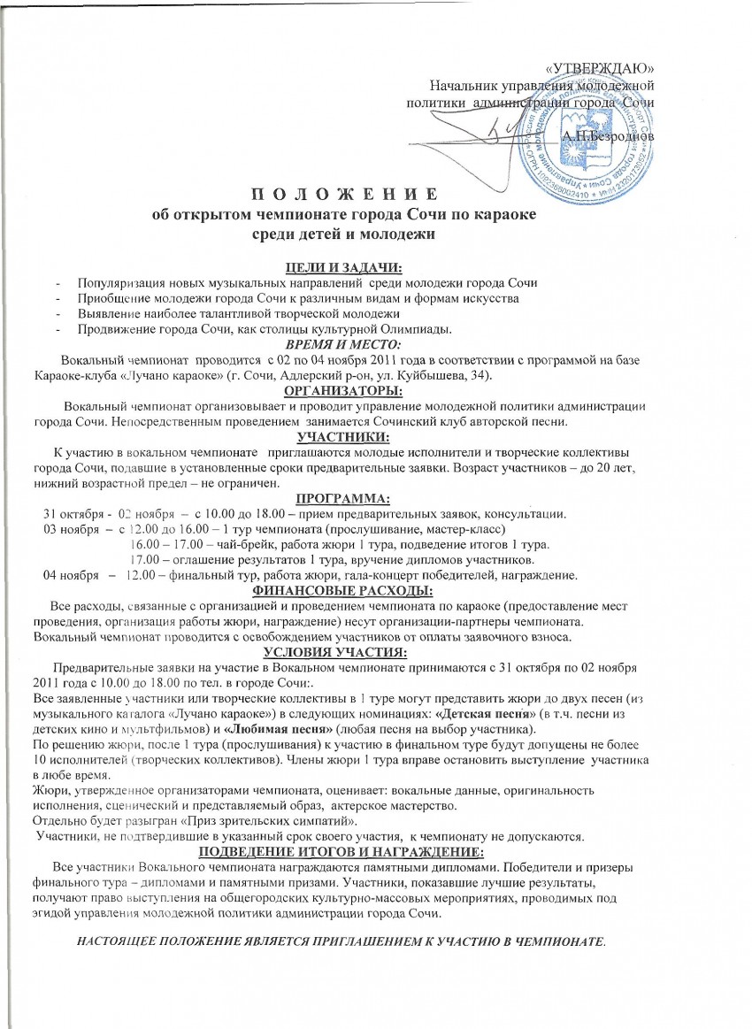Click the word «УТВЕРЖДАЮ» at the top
click(x=601, y=69)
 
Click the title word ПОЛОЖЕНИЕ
click(x=341, y=195)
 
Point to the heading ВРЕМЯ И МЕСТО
click(x=341, y=345)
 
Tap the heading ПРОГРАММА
click(x=341, y=497)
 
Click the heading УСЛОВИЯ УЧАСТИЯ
click(x=341, y=652)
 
